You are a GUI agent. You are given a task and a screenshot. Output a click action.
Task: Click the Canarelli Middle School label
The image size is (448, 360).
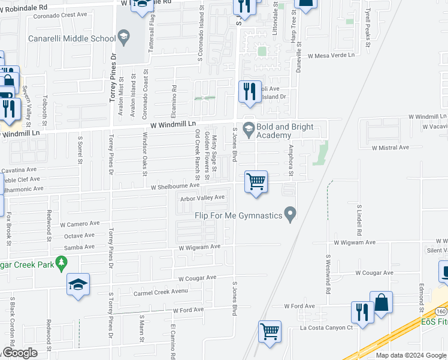tap(72, 39)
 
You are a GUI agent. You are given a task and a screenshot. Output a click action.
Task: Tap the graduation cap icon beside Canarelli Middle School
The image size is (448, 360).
tap(123, 38)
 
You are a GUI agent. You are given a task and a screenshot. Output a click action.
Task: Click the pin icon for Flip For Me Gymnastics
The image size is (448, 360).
tap(290, 214)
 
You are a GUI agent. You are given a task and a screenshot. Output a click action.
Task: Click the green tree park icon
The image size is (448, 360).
tap(60, 262)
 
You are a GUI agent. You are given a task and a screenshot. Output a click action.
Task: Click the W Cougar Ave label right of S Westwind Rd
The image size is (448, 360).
tap(374, 272)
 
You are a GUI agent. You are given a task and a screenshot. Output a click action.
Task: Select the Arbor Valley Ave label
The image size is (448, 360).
tap(202, 197)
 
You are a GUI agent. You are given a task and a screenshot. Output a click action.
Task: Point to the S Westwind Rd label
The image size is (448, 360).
tap(328, 274)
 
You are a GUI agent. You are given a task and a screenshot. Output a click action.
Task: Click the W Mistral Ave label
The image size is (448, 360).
tap(390, 147)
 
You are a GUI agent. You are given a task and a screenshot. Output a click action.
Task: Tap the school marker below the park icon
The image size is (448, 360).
tap(78, 284)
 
